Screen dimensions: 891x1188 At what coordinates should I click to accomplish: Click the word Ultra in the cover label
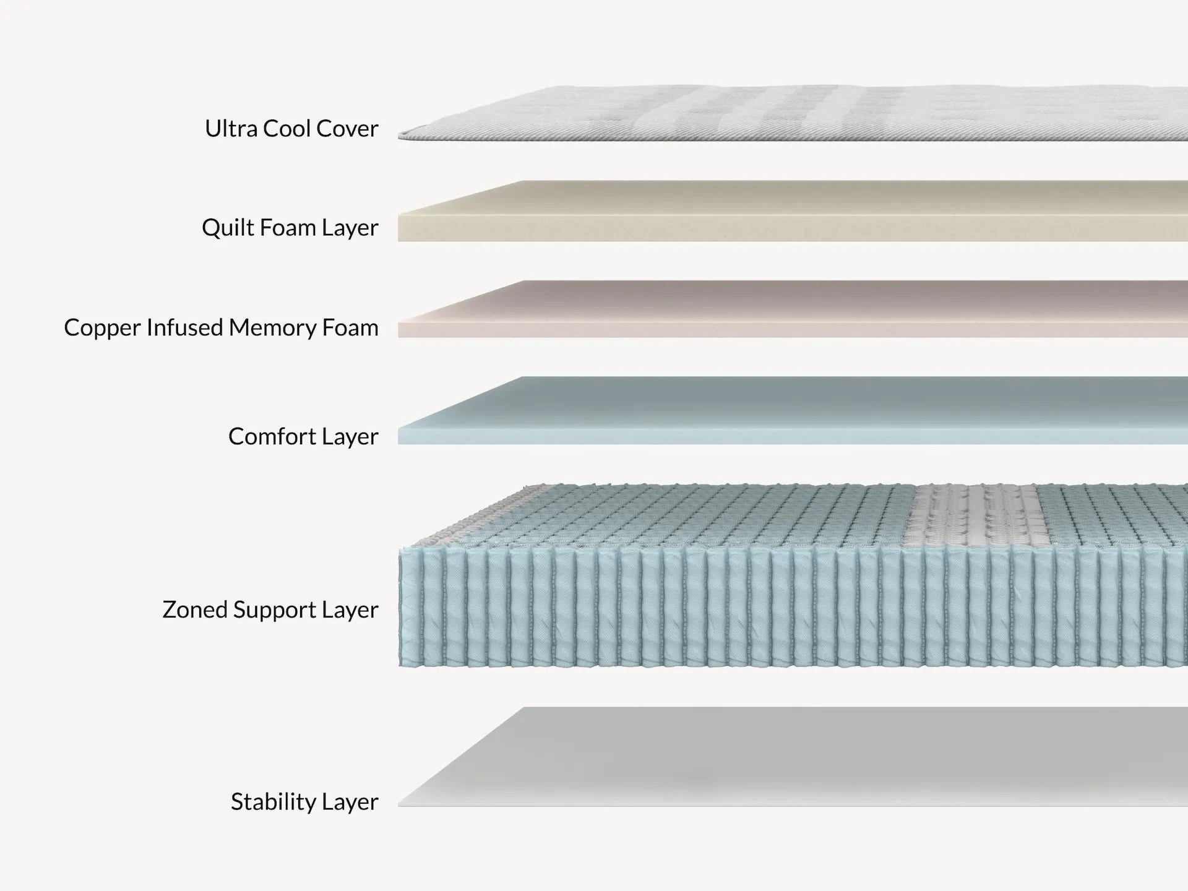click(x=231, y=129)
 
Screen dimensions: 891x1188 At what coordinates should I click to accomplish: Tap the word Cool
click(x=287, y=129)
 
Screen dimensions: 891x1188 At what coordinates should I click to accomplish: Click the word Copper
click(x=102, y=328)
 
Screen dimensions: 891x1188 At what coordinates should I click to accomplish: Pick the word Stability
click(x=273, y=801)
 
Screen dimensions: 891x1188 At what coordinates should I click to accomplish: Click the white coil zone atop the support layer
click(x=971, y=514)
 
